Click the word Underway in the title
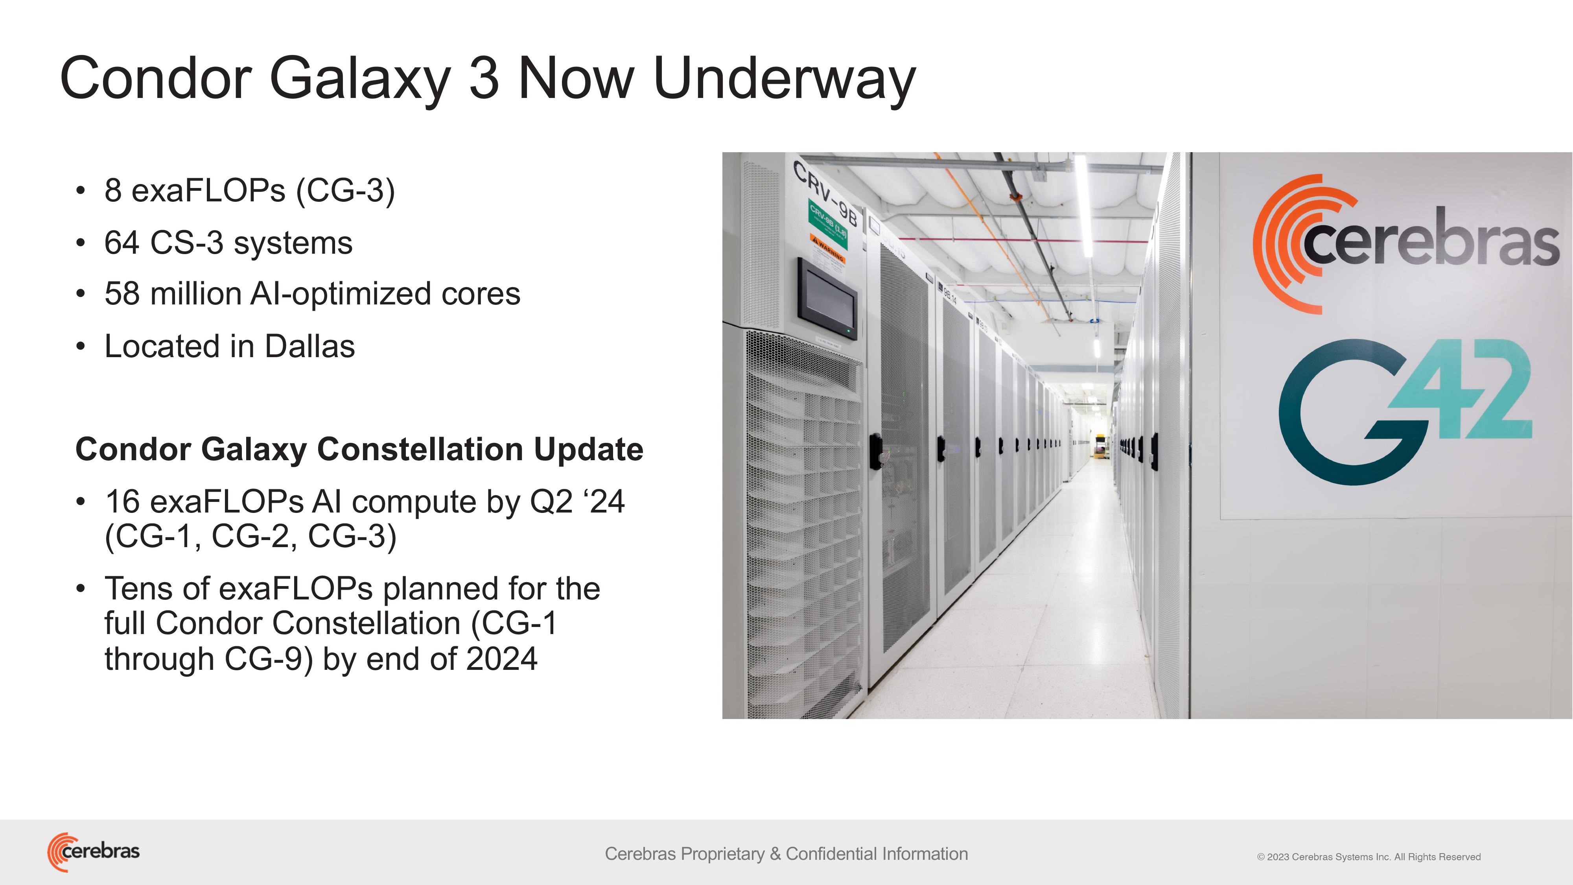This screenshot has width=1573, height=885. pos(784,79)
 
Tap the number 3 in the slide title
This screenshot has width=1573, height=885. pos(484,79)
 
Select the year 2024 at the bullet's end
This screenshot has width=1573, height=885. pos(501,659)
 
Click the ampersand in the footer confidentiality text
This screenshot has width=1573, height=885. pos(775,854)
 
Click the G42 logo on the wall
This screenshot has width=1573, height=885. pos(1404,412)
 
